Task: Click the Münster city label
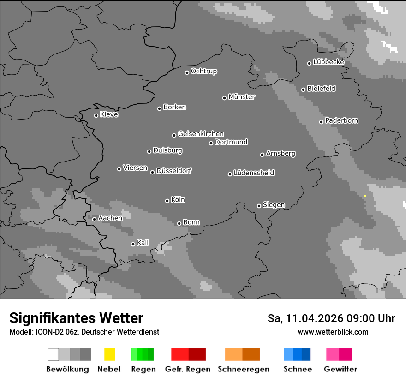coord(242,97)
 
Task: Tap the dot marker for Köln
coord(167,201)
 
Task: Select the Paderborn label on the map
coord(342,120)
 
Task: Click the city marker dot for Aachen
coord(94,219)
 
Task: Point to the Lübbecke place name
coord(329,62)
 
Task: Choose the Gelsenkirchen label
coord(201,134)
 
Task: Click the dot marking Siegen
coord(259,206)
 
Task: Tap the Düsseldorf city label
coord(174,171)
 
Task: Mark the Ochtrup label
coord(204,71)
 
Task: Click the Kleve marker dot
coord(96,115)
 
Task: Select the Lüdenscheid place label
coord(254,173)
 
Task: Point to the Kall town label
coord(143,243)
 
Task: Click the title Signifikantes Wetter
coord(76,318)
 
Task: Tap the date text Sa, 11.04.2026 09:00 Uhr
coord(331,318)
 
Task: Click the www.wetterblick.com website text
coord(333,332)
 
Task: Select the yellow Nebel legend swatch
coord(109,354)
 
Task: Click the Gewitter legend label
coord(340,369)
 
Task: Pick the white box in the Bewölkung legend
coord(54,354)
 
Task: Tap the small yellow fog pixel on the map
coord(365,196)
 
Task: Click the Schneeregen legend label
coord(243,369)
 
